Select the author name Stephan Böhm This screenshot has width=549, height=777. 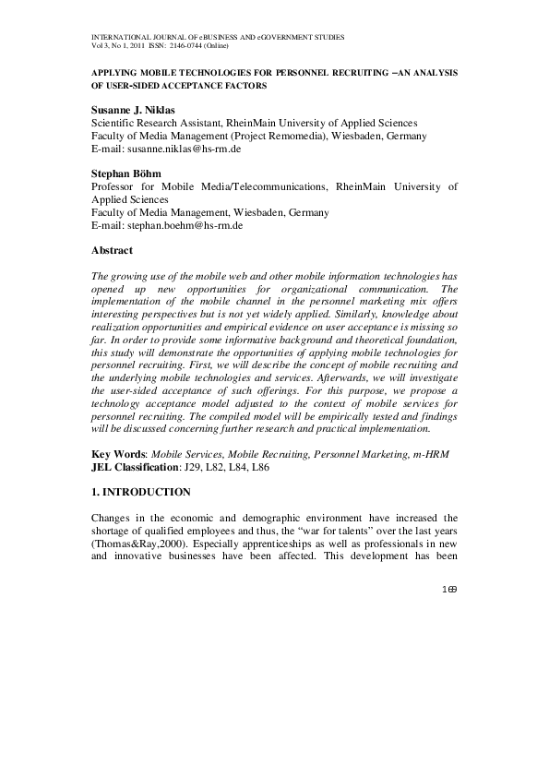tap(125, 173)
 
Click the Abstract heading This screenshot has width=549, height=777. tap(112, 250)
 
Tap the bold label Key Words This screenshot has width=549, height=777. tap(118, 455)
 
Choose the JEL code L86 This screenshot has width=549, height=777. tap(261, 468)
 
